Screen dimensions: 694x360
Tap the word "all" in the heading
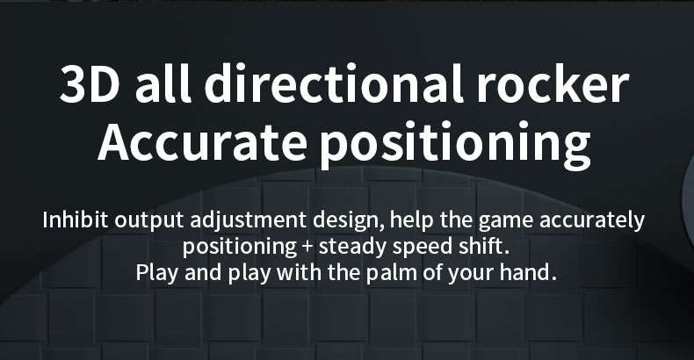click(163, 83)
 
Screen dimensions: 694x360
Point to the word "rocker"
click(553, 83)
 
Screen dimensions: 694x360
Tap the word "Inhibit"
click(76, 220)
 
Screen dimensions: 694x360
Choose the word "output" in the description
click(149, 221)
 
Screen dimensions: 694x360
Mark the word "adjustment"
click(249, 221)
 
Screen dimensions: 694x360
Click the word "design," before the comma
click(349, 221)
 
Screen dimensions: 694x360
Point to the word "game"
click(506, 222)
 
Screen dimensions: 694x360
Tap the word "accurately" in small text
click(592, 222)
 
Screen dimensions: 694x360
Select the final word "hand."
click(528, 272)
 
